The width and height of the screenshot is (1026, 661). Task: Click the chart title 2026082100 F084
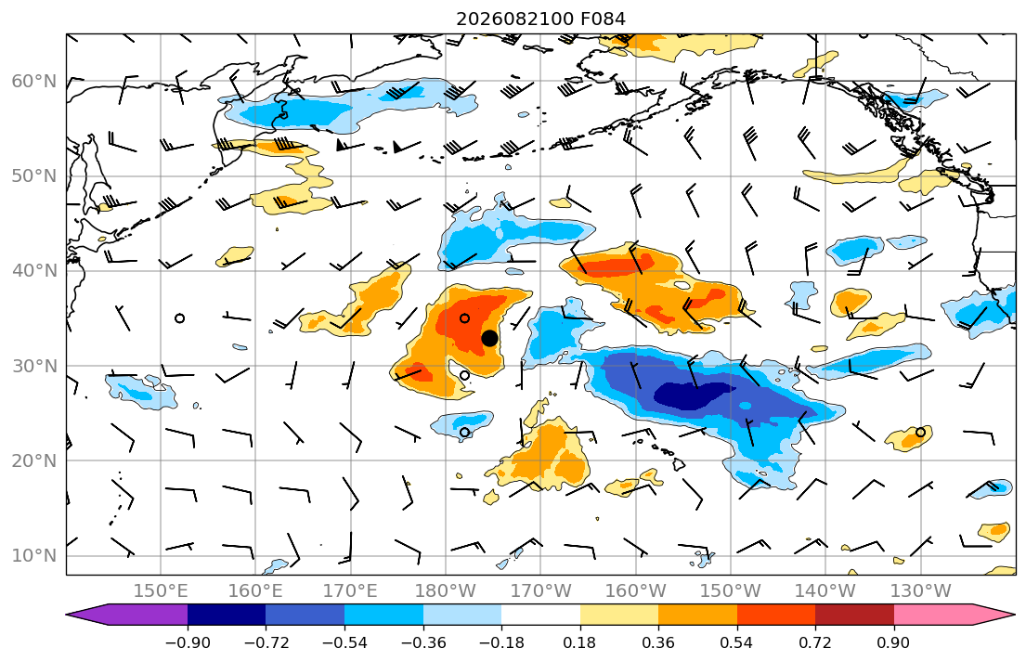(x=540, y=19)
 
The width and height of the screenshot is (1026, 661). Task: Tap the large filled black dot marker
(x=489, y=338)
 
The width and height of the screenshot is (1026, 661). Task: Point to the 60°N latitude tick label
(x=34, y=81)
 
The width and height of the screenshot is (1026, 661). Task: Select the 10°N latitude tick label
(x=34, y=556)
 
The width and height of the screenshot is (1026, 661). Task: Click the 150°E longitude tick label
(x=161, y=591)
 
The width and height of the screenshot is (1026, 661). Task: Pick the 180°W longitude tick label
(x=446, y=591)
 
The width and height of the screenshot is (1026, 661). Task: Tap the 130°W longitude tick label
(x=921, y=591)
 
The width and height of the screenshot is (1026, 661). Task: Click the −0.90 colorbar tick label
(x=188, y=642)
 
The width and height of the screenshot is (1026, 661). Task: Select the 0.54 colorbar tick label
(x=737, y=642)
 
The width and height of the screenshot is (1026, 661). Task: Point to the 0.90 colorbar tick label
(x=894, y=642)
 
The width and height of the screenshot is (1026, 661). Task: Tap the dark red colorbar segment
(x=854, y=615)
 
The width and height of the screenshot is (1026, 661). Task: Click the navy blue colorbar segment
(x=227, y=615)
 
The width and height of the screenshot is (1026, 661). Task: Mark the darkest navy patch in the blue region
(x=690, y=395)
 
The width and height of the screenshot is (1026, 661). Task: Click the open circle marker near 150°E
(x=179, y=318)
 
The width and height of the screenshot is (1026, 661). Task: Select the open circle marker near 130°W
(x=921, y=432)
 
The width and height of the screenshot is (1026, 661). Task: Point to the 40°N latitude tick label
(x=34, y=271)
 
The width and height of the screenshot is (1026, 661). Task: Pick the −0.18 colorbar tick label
(x=502, y=642)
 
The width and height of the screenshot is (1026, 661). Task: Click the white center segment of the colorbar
(x=540, y=615)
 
